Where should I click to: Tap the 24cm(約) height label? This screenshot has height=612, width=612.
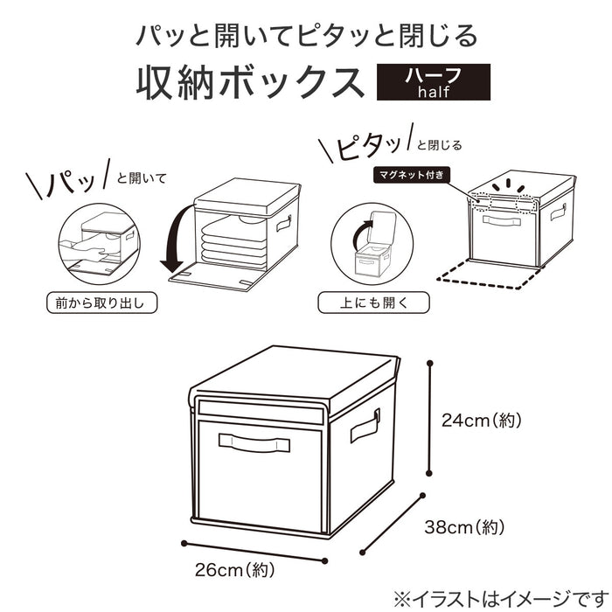[481, 421]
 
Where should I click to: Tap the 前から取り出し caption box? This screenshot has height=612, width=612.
[99, 303]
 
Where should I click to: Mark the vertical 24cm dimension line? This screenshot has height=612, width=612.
[429, 420]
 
